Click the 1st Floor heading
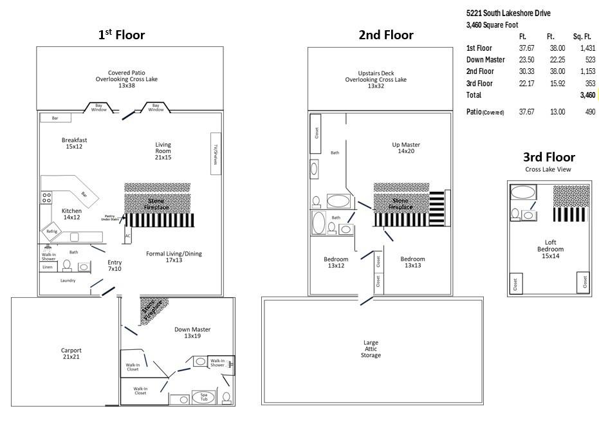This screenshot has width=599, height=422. (x=121, y=35)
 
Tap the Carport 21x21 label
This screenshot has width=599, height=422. (x=71, y=354)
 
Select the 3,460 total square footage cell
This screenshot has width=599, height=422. (x=587, y=95)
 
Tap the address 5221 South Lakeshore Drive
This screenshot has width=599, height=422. (x=508, y=14)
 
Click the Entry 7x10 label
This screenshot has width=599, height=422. (x=115, y=266)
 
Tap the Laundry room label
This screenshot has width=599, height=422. (x=68, y=280)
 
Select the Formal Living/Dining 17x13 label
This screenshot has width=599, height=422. (x=174, y=257)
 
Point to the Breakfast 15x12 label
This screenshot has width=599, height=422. (x=74, y=143)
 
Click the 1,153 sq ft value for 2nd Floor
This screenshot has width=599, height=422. (x=587, y=71)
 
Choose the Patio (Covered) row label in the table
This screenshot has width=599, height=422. (x=484, y=112)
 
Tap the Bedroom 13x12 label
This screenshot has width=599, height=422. (x=335, y=262)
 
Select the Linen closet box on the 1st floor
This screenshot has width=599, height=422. (x=47, y=266)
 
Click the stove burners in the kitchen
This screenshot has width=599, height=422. (x=46, y=198)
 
